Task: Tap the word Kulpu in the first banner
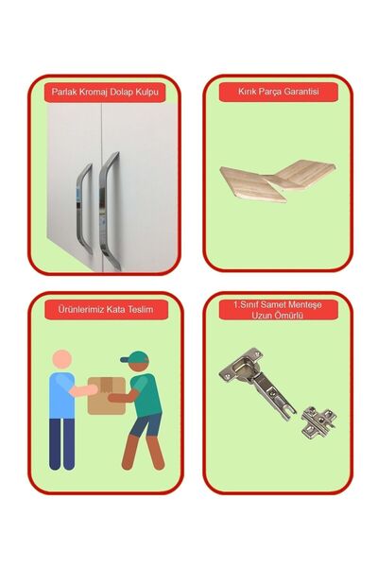pyautogui.click(x=146, y=92)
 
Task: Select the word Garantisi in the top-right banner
pyautogui.click(x=301, y=92)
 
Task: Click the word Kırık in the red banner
pyautogui.click(x=246, y=92)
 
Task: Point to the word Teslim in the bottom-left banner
pyautogui.click(x=141, y=310)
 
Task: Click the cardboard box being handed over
pyautogui.click(x=107, y=396)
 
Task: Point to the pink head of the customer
pyautogui.click(x=62, y=359)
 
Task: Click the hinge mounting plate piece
pyautogui.click(x=318, y=421)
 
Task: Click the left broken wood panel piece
pyautogui.click(x=251, y=183)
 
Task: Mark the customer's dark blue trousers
pyautogui.click(x=61, y=444)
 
